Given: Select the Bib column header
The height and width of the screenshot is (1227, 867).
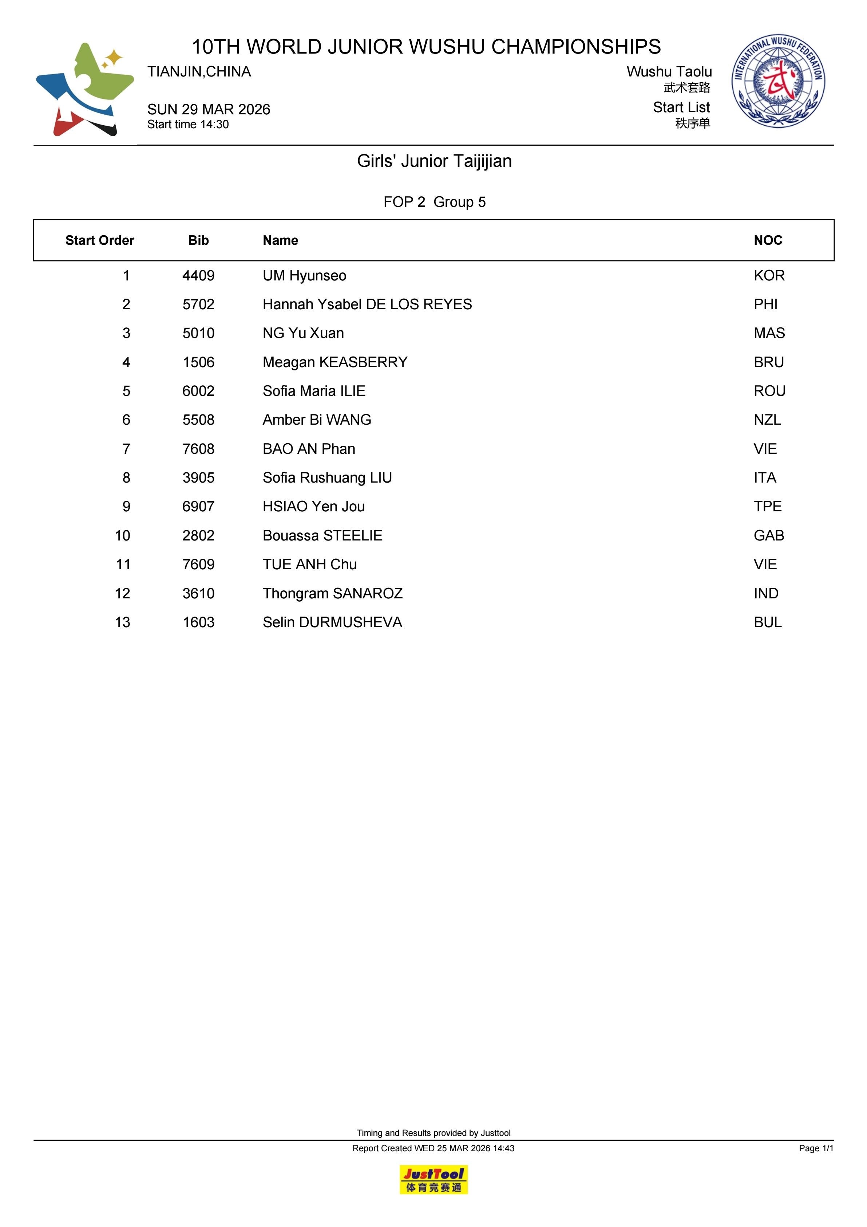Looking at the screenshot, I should pos(198,240).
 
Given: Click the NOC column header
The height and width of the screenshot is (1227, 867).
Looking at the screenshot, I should pos(768,240).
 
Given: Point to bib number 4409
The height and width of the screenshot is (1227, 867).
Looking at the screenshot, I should pos(198,276).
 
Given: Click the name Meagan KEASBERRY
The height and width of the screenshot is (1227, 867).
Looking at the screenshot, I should pos(335,362).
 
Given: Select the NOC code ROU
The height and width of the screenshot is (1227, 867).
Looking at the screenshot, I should pos(769,391).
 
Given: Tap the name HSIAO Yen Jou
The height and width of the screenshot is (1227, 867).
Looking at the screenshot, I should pos(314,507).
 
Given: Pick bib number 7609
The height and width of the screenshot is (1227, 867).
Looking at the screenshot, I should pos(198,565).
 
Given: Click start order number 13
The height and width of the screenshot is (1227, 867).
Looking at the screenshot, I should pos(122,622).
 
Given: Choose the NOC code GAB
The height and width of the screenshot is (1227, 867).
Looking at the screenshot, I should pos(769,535).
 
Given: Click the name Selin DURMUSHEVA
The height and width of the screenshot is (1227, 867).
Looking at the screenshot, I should pos(332,622).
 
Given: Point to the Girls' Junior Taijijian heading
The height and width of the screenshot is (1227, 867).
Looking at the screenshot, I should pos(434,161).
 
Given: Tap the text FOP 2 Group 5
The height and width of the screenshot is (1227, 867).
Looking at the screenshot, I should pos(434,202).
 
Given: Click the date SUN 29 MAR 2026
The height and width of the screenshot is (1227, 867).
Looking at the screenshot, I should pos(209,110).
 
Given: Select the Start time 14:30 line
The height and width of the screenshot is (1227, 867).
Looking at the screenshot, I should pos(188,125).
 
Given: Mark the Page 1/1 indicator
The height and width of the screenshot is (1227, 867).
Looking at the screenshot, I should pos(816,1148).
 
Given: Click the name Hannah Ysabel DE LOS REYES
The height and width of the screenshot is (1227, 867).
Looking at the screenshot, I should pos(367,304).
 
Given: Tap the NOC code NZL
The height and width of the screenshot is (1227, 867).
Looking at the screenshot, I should pos(767,420).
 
